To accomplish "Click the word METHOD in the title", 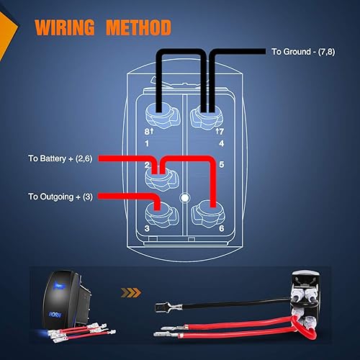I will [137, 28].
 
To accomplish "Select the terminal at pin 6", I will [208, 212].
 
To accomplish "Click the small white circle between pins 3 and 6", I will [184, 196].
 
